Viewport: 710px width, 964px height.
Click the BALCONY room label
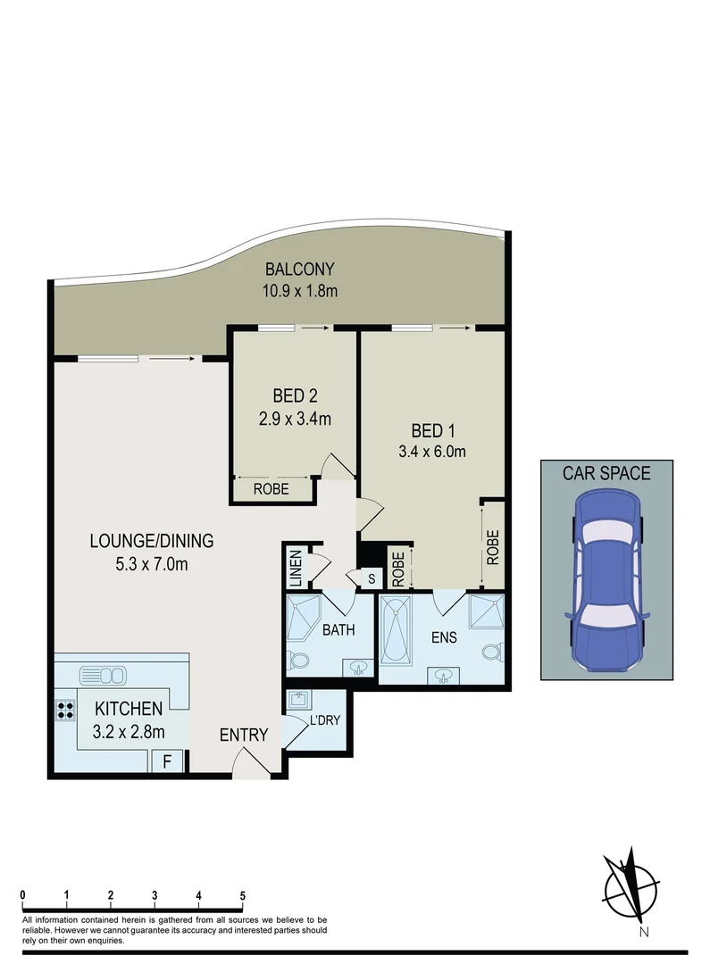pyautogui.click(x=299, y=269)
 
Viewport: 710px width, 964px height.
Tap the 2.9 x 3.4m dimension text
pyautogui.click(x=295, y=417)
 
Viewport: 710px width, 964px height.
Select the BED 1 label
pyautogui.click(x=431, y=428)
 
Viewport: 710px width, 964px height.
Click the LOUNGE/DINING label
pyautogui.click(x=151, y=540)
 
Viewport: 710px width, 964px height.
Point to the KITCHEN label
pyautogui.click(x=129, y=709)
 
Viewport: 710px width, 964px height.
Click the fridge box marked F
pyautogui.click(x=166, y=761)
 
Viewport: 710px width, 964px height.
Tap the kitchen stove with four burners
pyautogui.click(x=65, y=711)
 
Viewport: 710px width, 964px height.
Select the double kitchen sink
pyautogui.click(x=104, y=673)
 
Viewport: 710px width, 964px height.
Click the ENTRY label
pyautogui.click(x=244, y=735)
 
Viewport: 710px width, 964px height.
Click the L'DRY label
pyautogui.click(x=324, y=719)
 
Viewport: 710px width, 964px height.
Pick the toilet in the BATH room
pyautogui.click(x=299, y=662)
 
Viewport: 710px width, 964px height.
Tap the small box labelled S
pyautogui.click(x=371, y=578)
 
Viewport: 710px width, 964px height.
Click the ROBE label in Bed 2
pyautogui.click(x=270, y=489)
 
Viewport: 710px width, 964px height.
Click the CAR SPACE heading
pyautogui.click(x=606, y=473)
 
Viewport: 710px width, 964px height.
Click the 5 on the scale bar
pyautogui.click(x=242, y=895)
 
